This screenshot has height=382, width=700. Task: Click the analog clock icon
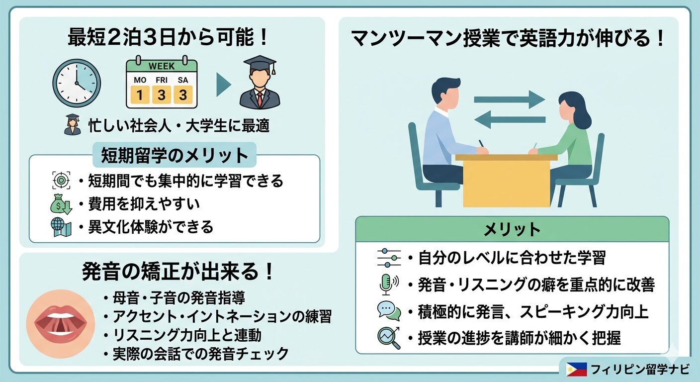tap(77, 83)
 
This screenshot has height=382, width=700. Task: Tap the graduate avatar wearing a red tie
tap(259, 83)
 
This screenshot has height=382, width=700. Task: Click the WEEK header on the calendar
tap(161, 66)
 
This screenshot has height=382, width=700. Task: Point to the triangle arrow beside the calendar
tap(223, 85)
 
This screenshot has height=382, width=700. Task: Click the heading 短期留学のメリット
tap(174, 155)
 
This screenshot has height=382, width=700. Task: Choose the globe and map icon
tap(61, 227)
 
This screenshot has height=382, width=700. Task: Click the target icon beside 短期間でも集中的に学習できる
tap(61, 181)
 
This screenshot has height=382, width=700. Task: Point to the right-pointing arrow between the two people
tap(510, 98)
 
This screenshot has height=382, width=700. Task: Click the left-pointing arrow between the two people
tap(510, 119)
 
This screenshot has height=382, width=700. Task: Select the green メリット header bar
tap(512, 229)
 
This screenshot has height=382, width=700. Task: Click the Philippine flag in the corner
tap(576, 369)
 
